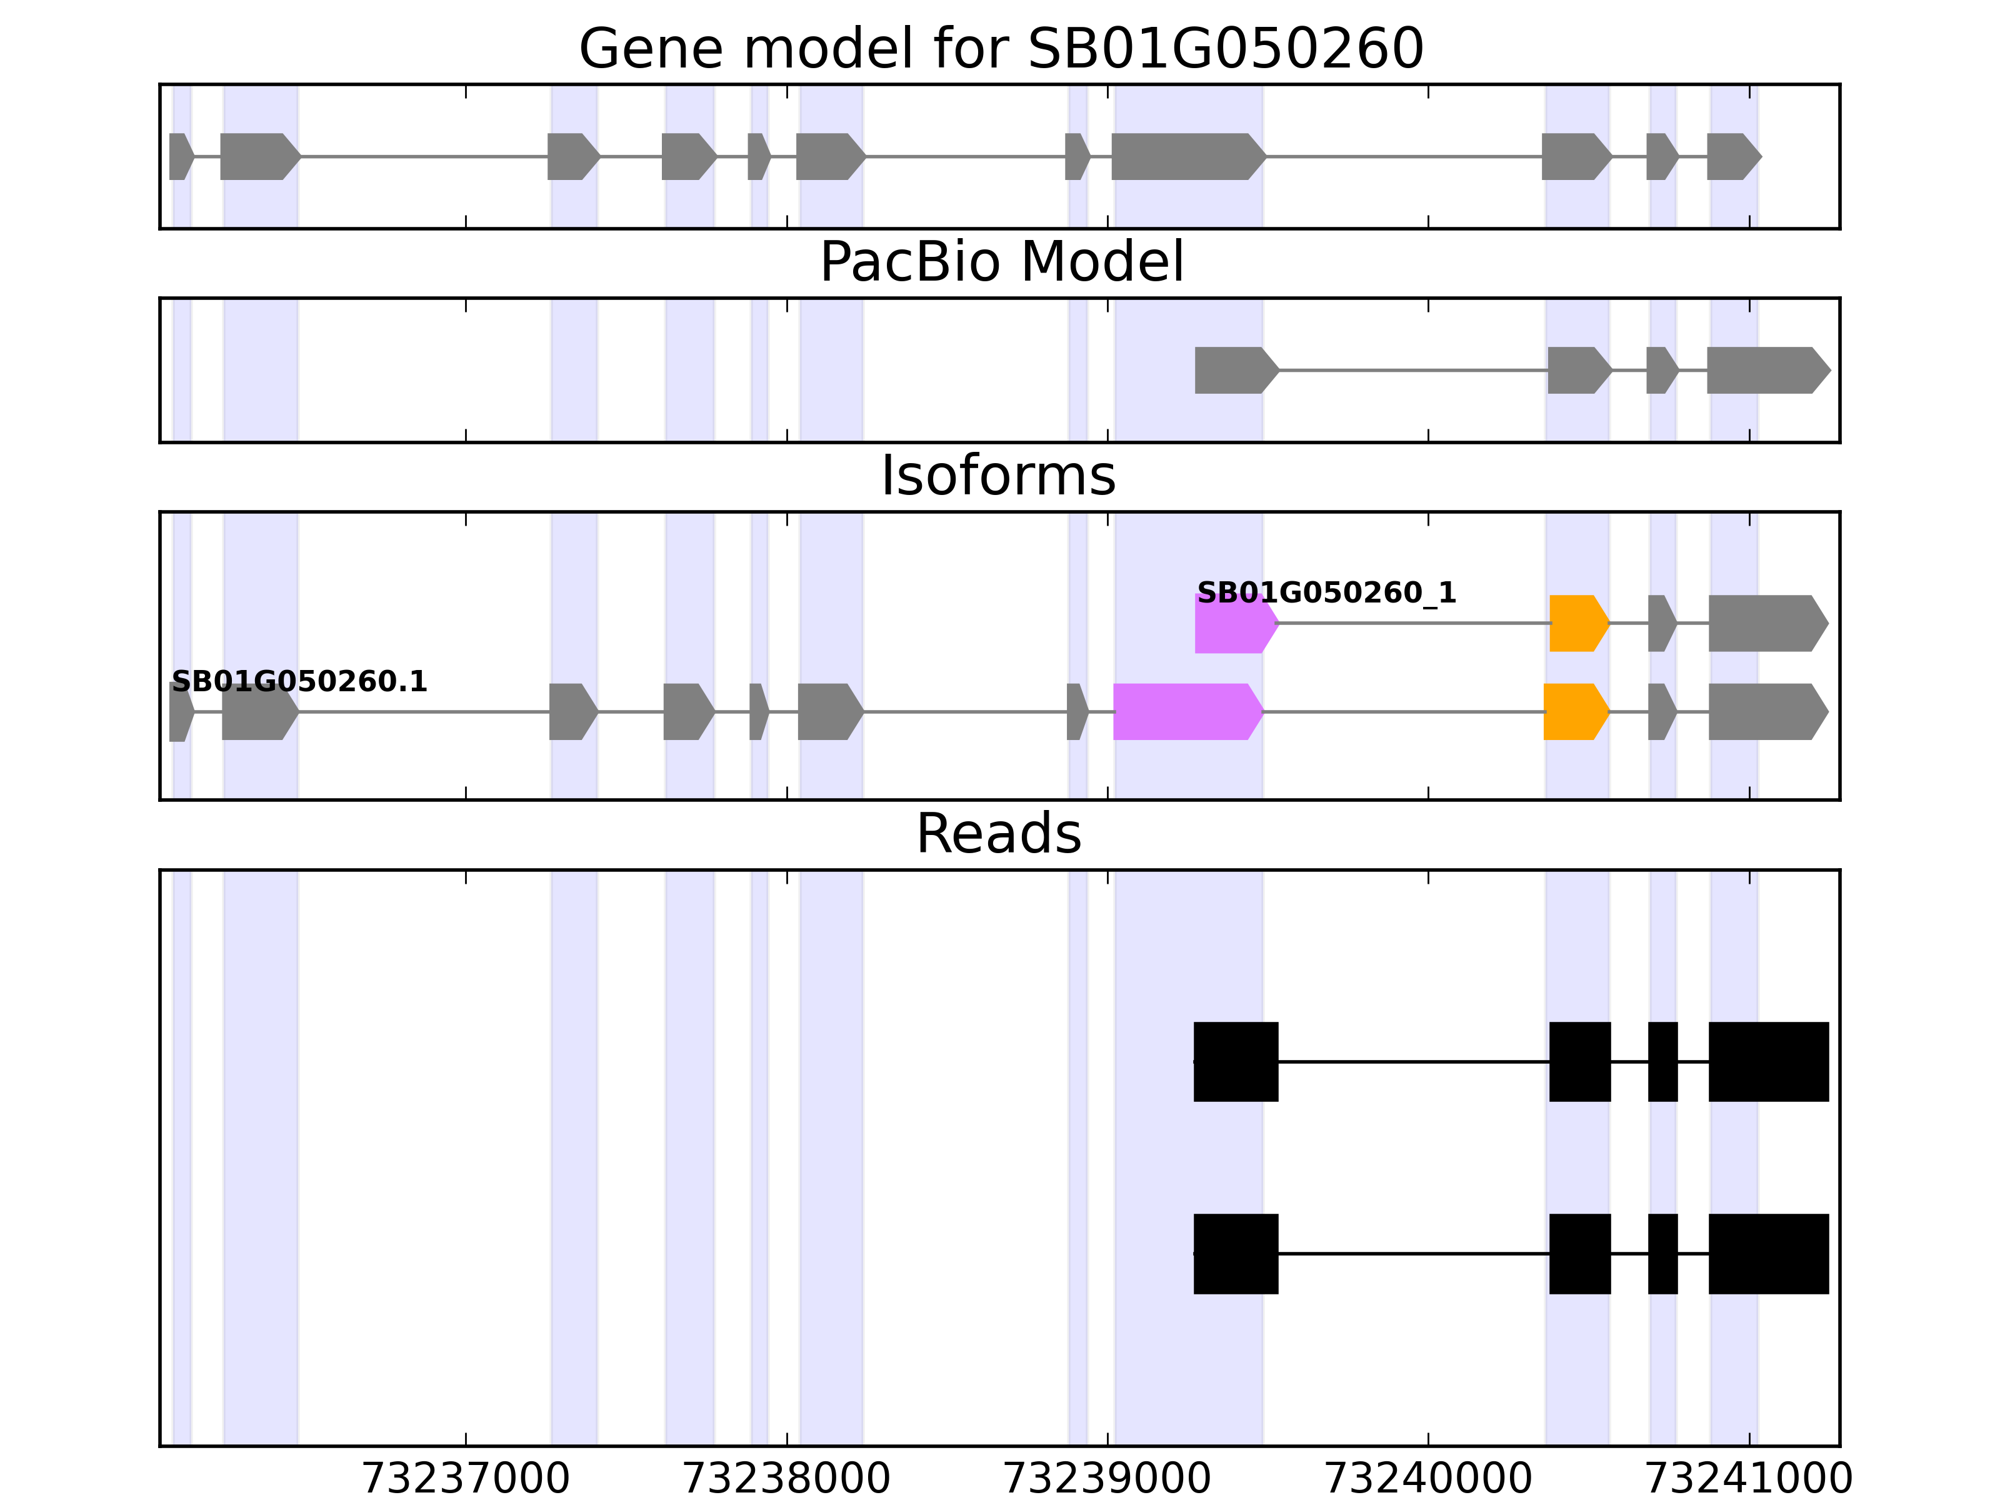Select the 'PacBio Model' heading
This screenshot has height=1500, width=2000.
(x=1001, y=262)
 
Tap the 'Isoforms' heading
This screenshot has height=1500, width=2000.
(x=998, y=476)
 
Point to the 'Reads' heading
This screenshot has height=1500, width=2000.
(x=998, y=834)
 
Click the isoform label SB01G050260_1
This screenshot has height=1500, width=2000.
(x=1326, y=593)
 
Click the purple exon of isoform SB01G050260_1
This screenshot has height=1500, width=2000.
(x=1234, y=624)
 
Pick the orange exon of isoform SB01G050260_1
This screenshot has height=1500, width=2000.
(x=1577, y=624)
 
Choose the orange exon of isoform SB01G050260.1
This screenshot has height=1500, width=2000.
(x=1575, y=712)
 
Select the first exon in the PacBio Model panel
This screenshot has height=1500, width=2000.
(x=1235, y=371)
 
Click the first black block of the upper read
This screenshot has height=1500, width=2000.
(x=1236, y=1061)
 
